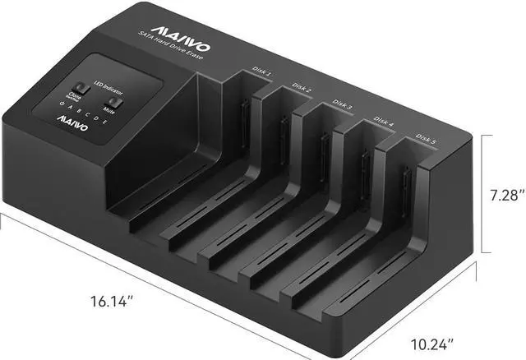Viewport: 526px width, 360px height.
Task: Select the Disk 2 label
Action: tap(302, 87)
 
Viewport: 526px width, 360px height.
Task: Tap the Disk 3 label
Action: tap(343, 104)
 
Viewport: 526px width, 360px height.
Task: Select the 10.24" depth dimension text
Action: tap(429, 344)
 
